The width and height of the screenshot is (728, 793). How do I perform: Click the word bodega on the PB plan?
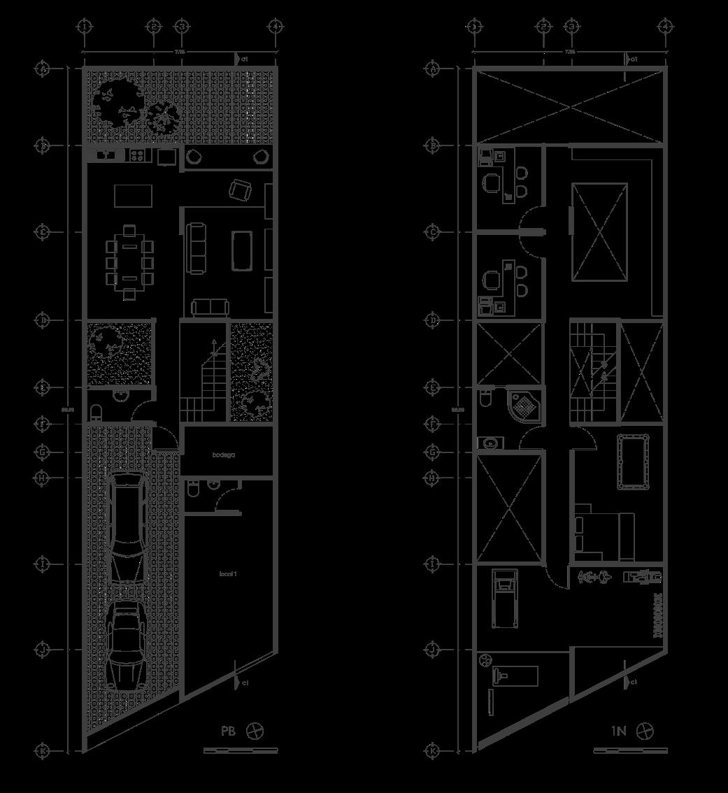tap(224, 455)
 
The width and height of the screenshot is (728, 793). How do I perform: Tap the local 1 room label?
tap(228, 574)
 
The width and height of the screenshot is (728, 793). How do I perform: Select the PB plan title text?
tap(228, 731)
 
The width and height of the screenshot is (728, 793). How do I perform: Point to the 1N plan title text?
tap(618, 731)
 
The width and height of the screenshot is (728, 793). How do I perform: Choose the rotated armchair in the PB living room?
tap(241, 189)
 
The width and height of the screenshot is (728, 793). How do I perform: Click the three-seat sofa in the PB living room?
tap(196, 248)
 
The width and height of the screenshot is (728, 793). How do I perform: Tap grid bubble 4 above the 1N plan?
tap(666, 27)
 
